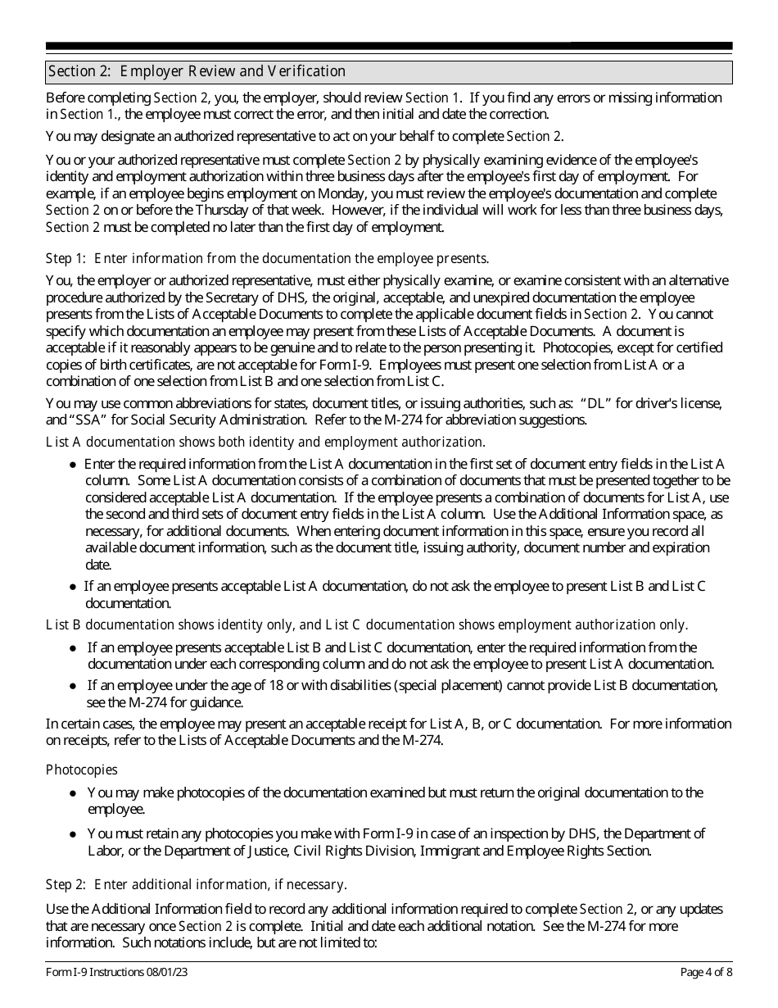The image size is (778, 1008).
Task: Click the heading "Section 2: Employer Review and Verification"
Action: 197,71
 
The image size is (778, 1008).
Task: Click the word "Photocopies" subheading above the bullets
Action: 81,770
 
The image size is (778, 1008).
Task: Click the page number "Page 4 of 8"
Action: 706,973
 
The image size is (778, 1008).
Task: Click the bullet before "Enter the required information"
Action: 74,465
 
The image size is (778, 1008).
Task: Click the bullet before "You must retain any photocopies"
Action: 74,834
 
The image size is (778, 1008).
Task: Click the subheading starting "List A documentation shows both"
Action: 265,443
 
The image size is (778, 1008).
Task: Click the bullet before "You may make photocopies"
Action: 74,793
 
